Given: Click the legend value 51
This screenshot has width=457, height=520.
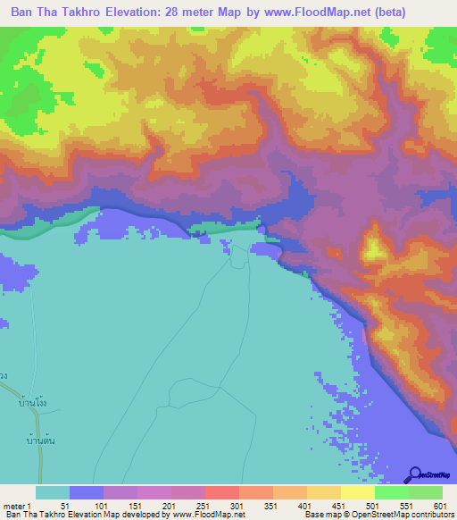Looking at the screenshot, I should pos(66,505).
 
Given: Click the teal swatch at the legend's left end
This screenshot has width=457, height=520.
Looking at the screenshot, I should pos(52,492).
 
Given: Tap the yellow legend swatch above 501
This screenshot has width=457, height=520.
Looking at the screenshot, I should pos(357,492).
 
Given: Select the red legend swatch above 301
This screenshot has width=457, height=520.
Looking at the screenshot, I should pos(221,492).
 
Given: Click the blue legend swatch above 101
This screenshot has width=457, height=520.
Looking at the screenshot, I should pos(86,492).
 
